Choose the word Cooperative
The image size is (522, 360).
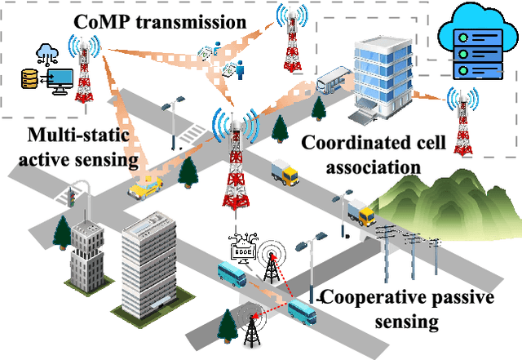pyautogui.click(x=369, y=297)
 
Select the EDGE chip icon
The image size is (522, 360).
pyautogui.click(x=246, y=243)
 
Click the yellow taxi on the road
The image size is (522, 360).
pyautogui.click(x=145, y=189)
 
